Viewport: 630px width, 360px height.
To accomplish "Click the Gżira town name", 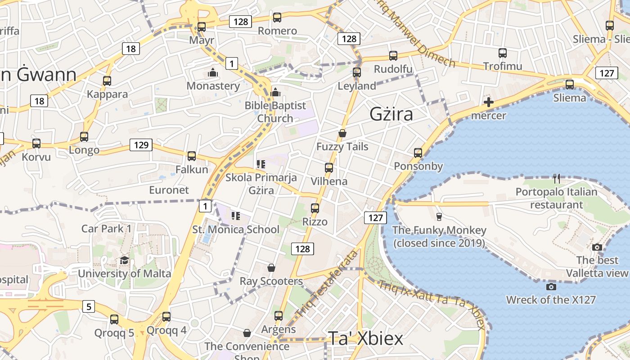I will tap(391, 114).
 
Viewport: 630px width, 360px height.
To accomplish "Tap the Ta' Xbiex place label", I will tap(365, 338).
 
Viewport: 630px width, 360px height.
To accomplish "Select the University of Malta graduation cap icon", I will tap(124, 261).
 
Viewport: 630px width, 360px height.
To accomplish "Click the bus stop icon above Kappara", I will tap(107, 81).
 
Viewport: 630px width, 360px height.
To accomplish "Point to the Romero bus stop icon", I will tap(277, 18).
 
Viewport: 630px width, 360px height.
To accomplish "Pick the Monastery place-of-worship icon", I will tap(213, 72).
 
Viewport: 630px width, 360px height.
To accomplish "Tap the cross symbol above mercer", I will tap(488, 102).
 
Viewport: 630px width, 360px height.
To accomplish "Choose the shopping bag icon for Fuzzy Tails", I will tap(342, 133).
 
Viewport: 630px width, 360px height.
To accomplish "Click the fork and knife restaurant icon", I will tap(557, 179).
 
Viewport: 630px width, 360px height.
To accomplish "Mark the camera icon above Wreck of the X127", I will tap(551, 287).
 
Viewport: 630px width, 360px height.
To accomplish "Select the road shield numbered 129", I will tap(141, 145).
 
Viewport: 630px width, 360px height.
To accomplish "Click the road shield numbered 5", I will tap(89, 307).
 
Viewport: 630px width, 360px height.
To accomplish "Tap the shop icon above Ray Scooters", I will tap(271, 268).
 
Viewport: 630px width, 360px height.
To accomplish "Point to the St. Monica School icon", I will tap(236, 216).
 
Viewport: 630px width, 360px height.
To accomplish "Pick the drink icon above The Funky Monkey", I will tap(439, 217).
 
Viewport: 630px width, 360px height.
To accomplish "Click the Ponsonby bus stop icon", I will tap(418, 153).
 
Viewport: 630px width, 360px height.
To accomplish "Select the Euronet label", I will tap(169, 190).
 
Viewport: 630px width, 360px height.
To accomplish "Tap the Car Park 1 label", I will tap(106, 229).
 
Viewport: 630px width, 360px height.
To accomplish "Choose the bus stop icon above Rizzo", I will tap(315, 208).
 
